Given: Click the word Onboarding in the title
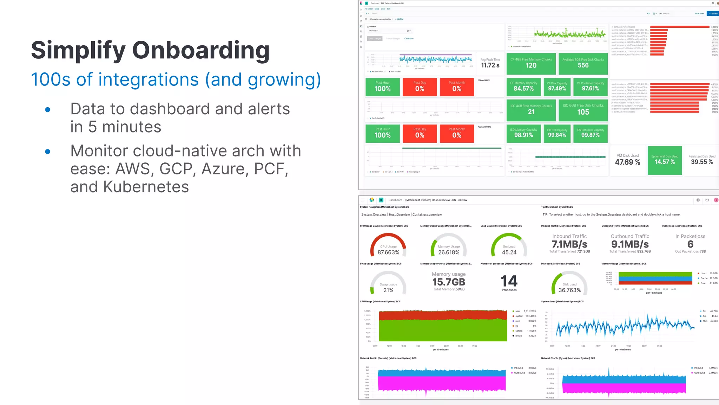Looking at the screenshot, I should (x=200, y=50).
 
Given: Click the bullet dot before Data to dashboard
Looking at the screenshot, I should (x=48, y=110).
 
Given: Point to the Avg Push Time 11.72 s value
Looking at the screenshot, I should (x=490, y=65).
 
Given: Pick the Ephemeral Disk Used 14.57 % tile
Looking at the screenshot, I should (x=665, y=160).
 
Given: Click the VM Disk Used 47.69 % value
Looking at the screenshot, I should (x=627, y=162).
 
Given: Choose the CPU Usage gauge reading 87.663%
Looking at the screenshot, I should (x=388, y=252).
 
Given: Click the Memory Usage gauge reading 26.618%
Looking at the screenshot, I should (x=449, y=252).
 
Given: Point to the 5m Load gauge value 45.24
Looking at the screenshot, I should (x=509, y=252).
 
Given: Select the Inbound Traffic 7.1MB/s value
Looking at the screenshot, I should (x=569, y=244).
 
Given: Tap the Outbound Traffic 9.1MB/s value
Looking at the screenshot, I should (x=630, y=244).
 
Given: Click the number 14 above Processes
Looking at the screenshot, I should (x=509, y=281).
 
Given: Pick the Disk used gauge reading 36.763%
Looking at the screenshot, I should (x=569, y=290).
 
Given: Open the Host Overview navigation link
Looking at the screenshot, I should (x=399, y=214).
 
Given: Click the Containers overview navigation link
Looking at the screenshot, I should (x=427, y=214).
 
